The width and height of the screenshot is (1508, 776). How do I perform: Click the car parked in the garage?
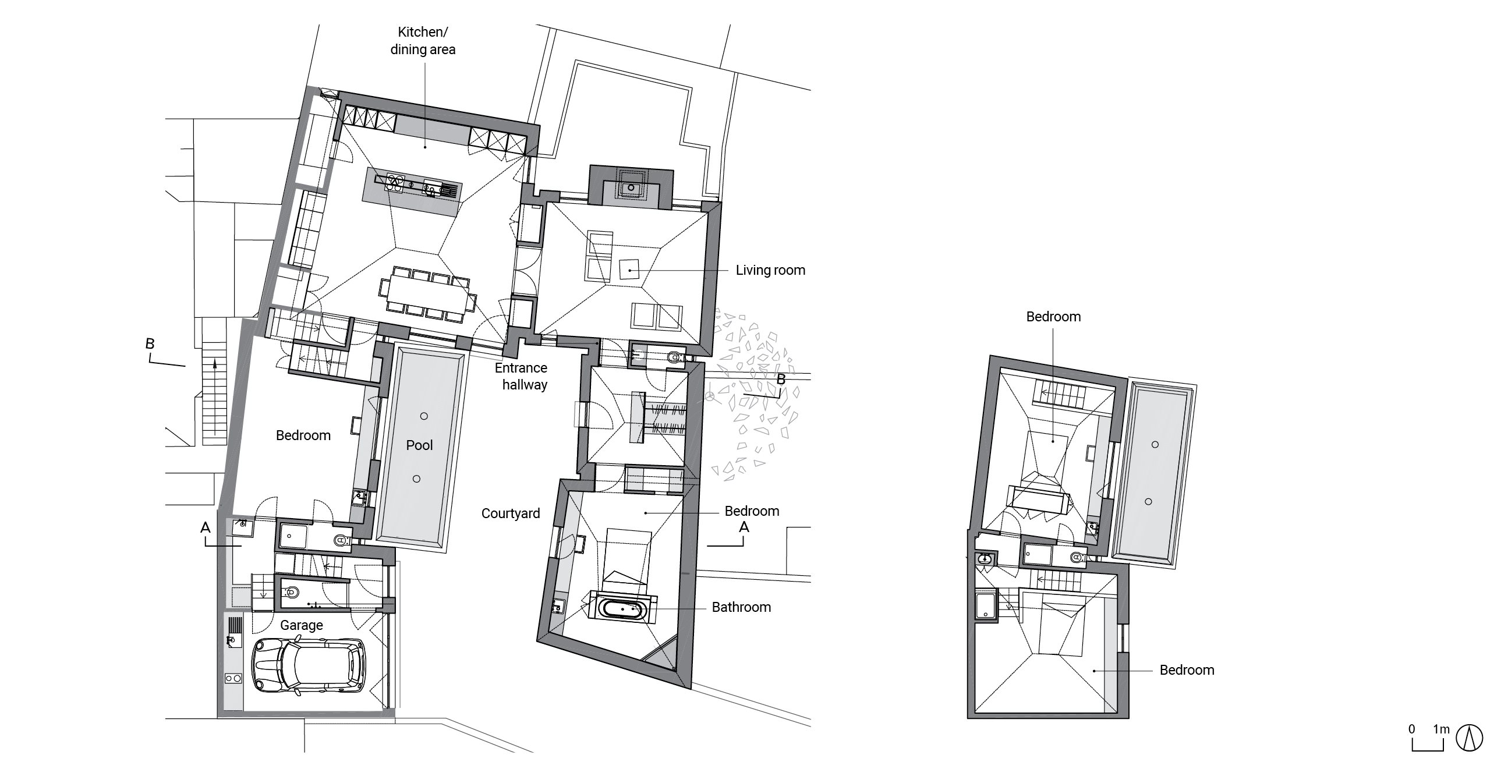308,666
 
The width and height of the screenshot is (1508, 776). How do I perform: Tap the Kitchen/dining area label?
423,41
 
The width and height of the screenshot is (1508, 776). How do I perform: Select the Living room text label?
770,270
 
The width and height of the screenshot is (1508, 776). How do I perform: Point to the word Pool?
419,445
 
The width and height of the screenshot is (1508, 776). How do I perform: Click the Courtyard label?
511,513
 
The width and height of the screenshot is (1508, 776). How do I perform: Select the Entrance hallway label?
521,376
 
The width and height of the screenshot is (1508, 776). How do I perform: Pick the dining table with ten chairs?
429,295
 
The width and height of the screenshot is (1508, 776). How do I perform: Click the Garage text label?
302,625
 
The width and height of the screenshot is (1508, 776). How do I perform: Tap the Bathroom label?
741,607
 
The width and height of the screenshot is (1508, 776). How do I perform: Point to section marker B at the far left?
150,344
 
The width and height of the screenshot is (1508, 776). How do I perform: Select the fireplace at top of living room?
631,186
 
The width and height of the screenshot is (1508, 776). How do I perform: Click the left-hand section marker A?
206,529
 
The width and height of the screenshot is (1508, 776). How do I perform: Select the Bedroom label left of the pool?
303,435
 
